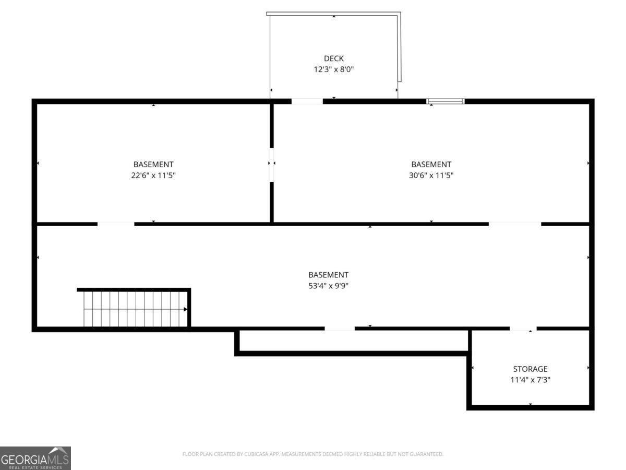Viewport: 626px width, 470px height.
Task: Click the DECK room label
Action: point(333,58)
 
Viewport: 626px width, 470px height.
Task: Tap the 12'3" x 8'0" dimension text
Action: point(333,69)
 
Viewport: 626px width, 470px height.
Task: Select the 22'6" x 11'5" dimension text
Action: point(153,175)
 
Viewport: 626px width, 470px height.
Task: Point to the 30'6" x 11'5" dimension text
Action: point(431,175)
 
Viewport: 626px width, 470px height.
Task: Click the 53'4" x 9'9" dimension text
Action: point(328,286)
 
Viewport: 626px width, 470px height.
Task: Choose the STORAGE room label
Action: point(530,369)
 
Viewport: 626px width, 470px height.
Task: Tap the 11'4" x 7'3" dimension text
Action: point(530,380)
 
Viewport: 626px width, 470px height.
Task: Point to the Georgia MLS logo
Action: point(35,458)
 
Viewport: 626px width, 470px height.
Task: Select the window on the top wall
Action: point(446,101)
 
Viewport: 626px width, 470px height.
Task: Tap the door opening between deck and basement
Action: point(307,101)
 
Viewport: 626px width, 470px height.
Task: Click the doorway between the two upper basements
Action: point(272,164)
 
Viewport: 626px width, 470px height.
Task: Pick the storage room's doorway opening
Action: point(523,328)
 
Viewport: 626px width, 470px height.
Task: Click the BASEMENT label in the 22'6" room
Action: point(153,164)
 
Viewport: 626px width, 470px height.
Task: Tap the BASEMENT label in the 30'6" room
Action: point(431,164)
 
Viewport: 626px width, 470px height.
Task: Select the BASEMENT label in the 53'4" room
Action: point(328,275)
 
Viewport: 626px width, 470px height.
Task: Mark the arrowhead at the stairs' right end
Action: point(185,310)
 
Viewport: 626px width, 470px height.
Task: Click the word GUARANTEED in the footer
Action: point(425,454)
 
